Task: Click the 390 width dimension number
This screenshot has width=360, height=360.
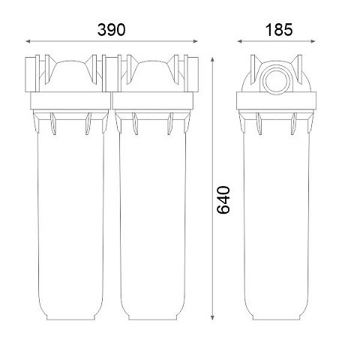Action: pos(111,30)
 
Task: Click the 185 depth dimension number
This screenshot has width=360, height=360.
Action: pos(279,30)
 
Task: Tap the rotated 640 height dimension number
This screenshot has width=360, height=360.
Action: pos(223,200)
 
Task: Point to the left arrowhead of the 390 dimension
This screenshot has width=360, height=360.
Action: pos(28,41)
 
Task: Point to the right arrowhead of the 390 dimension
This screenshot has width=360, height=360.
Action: pos(196,41)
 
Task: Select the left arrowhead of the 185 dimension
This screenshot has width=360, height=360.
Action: pos(239,41)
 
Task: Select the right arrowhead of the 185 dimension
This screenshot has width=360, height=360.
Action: pos(313,41)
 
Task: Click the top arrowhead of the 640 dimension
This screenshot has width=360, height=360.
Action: pos(212,59)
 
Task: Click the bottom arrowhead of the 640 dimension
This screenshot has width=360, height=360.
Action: pos(212,317)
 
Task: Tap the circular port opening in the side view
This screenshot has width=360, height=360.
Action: pos(276,82)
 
